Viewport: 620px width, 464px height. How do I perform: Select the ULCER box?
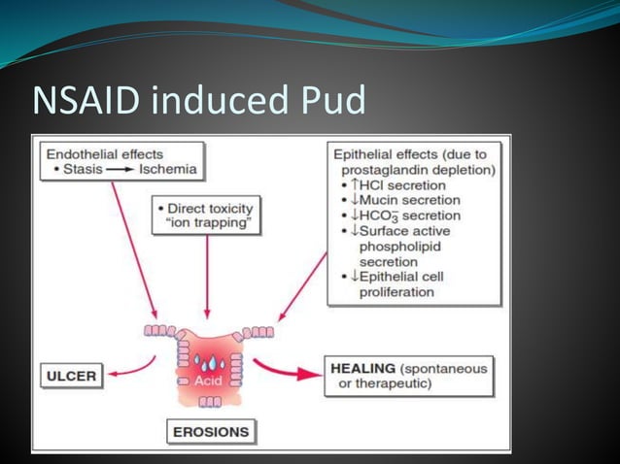point(73,375)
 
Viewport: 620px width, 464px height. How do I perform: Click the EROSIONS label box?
point(210,430)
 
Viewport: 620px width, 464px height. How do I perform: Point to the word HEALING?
point(362,369)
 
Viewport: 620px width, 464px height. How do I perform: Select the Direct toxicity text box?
point(207,215)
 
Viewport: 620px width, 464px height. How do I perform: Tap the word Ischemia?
point(168,169)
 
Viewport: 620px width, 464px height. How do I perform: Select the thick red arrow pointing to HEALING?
point(288,370)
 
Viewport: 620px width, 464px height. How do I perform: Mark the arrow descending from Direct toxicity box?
point(207,282)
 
